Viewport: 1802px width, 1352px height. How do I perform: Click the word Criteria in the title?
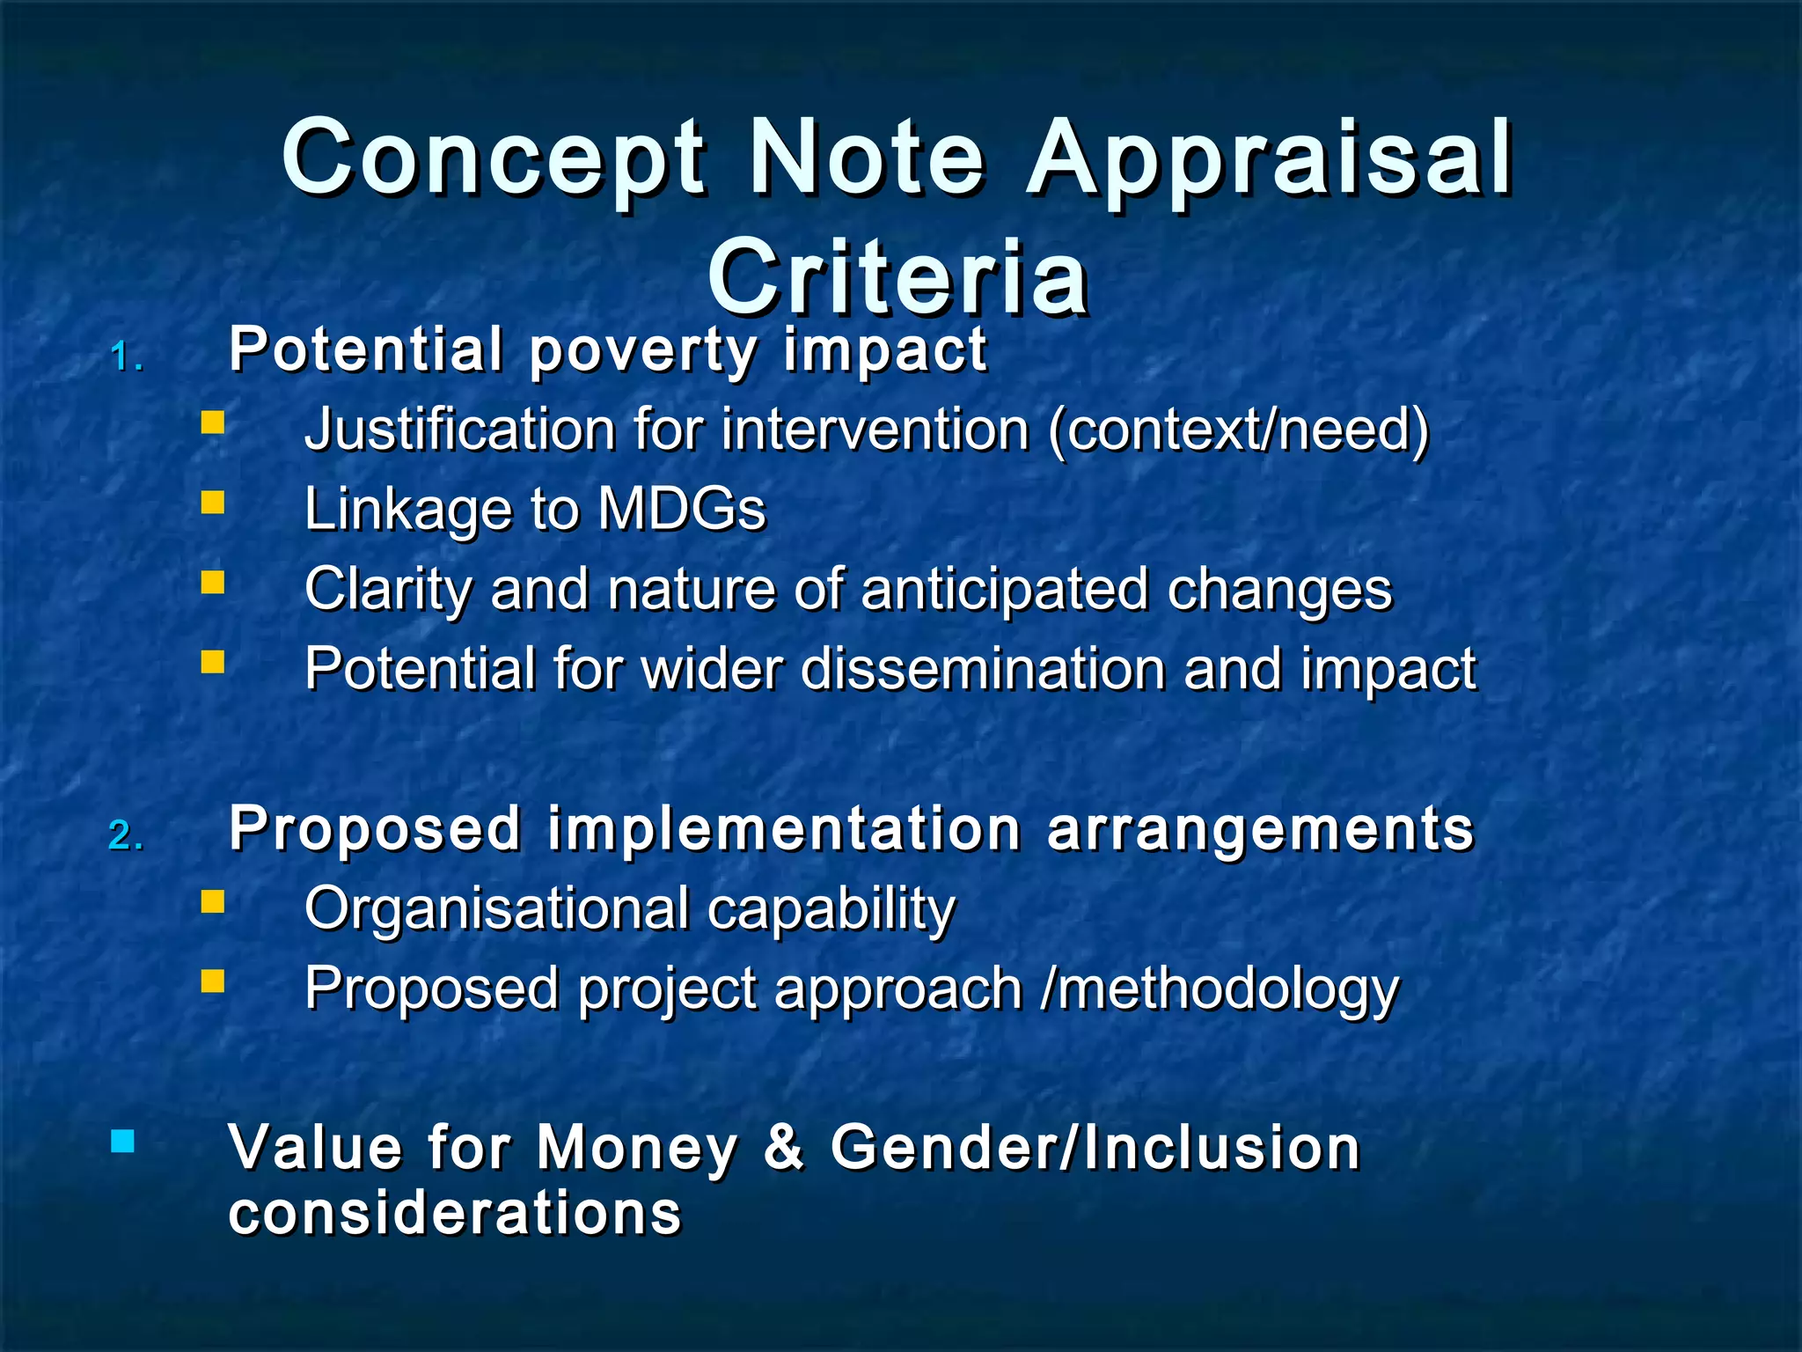click(x=897, y=278)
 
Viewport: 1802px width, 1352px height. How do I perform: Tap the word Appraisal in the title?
click(x=1270, y=158)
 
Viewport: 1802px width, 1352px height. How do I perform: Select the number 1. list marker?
click(x=127, y=358)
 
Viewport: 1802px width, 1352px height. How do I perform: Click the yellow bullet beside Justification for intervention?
click(x=212, y=423)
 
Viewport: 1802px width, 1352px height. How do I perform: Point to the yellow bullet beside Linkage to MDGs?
click(x=212, y=503)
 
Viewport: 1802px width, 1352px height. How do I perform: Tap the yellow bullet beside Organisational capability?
click(x=212, y=902)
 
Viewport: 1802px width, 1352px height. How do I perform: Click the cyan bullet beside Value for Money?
click(x=123, y=1142)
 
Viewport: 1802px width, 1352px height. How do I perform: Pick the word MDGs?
click(x=682, y=510)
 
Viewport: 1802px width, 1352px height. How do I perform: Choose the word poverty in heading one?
click(x=643, y=350)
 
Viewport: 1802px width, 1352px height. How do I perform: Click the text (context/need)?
click(x=1239, y=430)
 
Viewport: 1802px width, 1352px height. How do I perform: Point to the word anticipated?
click(x=1004, y=590)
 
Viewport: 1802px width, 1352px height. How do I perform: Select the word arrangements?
click(x=1260, y=829)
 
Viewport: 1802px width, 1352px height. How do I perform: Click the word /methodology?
click(x=1220, y=988)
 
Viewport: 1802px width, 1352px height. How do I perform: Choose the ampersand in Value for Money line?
click(x=784, y=1148)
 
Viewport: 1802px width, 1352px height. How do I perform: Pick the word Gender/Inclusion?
click(x=1095, y=1148)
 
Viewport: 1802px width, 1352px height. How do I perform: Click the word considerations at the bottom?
click(x=455, y=1213)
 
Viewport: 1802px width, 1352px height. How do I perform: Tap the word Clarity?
click(x=388, y=590)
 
